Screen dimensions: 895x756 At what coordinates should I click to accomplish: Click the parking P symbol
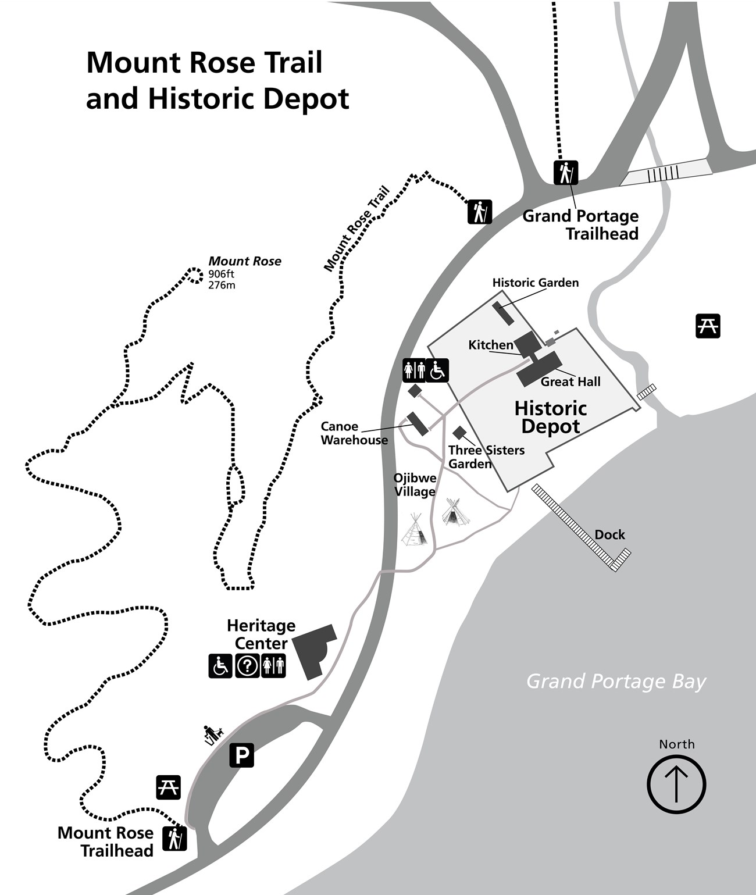[241, 755]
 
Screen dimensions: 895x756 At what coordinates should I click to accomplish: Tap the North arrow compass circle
[676, 784]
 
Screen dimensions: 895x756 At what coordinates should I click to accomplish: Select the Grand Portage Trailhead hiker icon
[565, 173]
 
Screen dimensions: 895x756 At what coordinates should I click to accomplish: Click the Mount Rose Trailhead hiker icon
[174, 838]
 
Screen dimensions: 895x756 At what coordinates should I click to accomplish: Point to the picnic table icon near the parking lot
[169, 787]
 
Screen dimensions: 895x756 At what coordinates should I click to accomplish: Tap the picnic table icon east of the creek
[708, 326]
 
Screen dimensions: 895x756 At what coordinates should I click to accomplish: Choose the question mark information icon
[247, 665]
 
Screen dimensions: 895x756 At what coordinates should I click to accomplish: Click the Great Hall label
[570, 381]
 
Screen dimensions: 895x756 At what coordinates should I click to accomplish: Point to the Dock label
[609, 534]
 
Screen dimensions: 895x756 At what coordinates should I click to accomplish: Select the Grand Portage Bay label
[616, 681]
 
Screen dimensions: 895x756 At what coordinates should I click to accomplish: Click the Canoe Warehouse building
[417, 423]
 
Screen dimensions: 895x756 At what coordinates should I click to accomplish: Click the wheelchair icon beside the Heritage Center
[220, 665]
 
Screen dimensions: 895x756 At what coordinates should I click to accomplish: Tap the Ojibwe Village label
[415, 484]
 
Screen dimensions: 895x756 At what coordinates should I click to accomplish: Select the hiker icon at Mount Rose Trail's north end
[480, 212]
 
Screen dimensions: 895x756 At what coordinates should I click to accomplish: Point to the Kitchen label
[490, 345]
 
